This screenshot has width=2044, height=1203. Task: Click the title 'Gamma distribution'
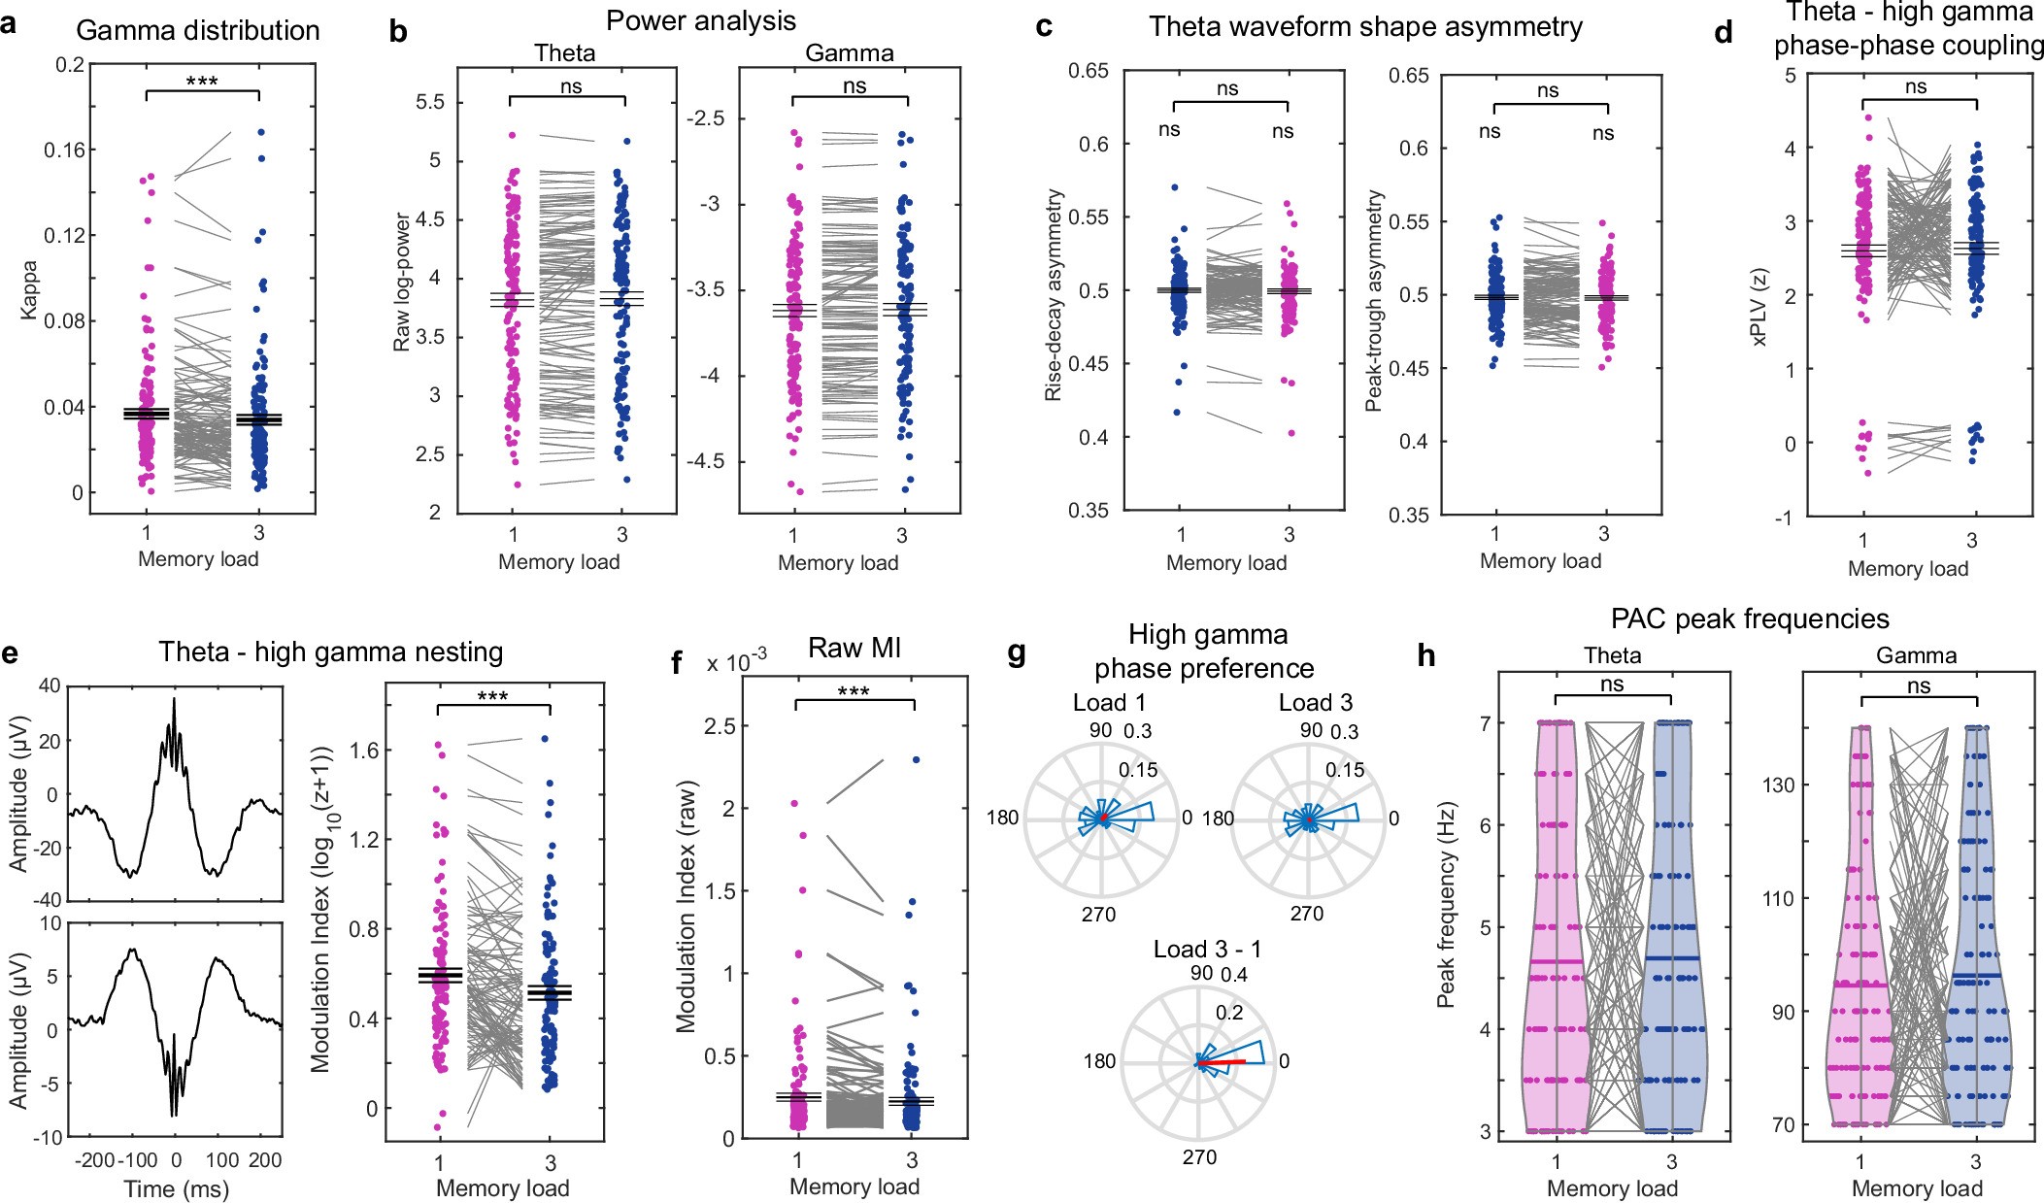click(197, 31)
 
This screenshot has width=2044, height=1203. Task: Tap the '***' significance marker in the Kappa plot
click(202, 82)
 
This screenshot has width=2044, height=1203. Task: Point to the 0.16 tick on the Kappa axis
click(63, 150)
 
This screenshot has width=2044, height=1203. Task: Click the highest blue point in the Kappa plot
click(260, 132)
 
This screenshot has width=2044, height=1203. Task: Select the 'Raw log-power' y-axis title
click(402, 282)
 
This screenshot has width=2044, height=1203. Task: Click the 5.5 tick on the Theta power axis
click(429, 102)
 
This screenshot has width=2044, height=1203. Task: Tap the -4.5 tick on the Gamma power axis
click(706, 460)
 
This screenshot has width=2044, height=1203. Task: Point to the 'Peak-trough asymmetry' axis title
click(1374, 301)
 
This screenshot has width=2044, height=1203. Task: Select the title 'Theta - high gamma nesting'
click(330, 652)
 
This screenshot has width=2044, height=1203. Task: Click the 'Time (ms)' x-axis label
click(176, 1188)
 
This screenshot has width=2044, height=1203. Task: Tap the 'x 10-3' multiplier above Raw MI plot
click(736, 662)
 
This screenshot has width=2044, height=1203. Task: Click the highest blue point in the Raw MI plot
click(916, 760)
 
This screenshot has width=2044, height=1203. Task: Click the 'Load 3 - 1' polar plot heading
click(1207, 949)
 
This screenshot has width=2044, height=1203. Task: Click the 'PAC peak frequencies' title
click(1749, 618)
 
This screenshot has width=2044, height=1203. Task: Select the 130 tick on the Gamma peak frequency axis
click(1781, 785)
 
